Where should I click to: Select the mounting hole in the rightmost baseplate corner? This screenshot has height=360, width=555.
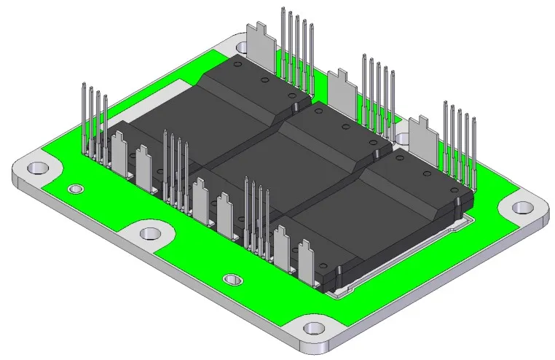(521, 207)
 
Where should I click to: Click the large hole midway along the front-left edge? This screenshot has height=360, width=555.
(149, 233)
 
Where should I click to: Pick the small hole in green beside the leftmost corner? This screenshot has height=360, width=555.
(74, 189)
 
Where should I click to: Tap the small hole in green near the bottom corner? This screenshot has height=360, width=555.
(232, 279)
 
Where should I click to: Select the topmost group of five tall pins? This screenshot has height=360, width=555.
(297, 51)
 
